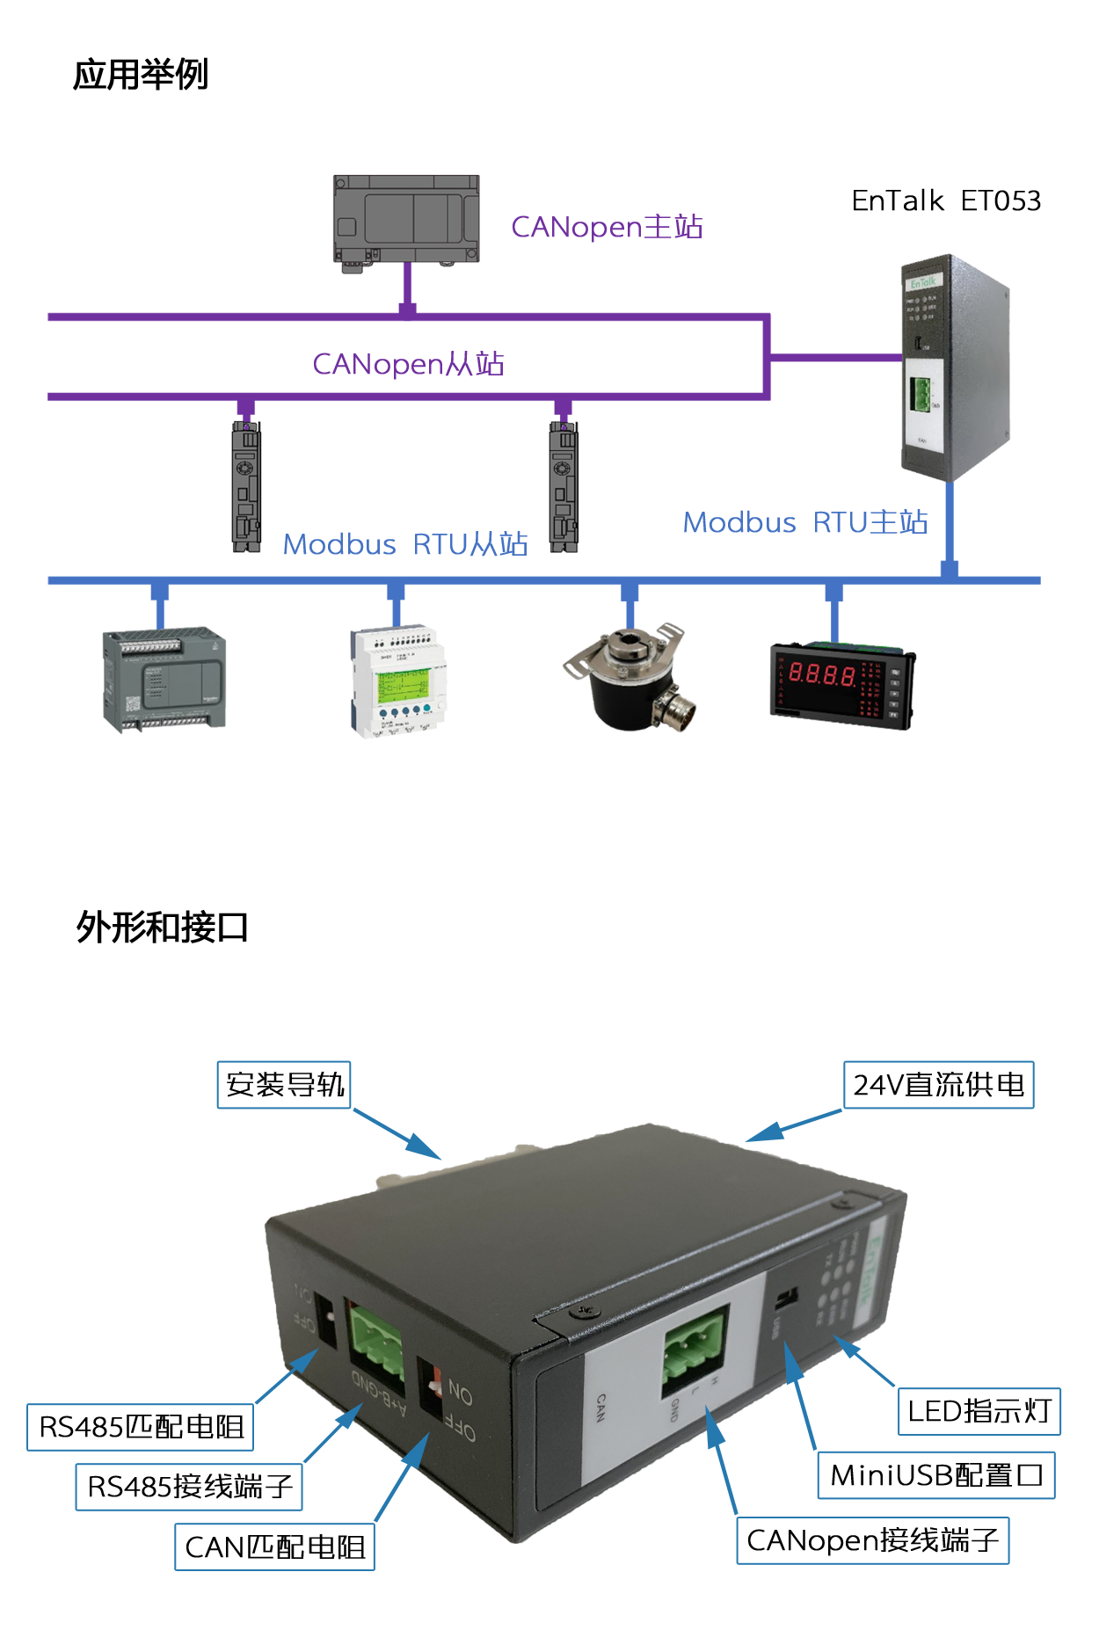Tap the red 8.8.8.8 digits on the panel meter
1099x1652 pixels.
pyautogui.click(x=821, y=674)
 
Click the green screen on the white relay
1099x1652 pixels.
pyautogui.click(x=403, y=685)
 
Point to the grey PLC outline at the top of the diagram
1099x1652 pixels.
pyautogui.click(x=404, y=220)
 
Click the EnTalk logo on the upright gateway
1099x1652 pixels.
pyautogui.click(x=922, y=282)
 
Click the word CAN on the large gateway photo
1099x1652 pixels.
pyautogui.click(x=601, y=1408)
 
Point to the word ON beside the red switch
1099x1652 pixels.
pyautogui.click(x=461, y=1393)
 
